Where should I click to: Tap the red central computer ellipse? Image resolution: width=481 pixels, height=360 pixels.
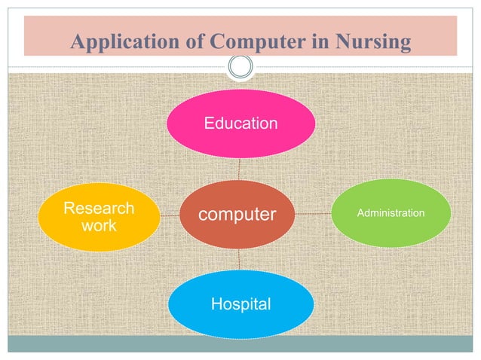(237, 215)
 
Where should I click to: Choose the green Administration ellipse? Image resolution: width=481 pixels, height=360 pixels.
(390, 214)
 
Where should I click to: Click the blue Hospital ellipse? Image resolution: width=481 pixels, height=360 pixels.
(240, 305)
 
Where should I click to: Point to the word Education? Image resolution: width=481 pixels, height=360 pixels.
(240, 123)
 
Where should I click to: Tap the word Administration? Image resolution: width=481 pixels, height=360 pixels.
(391, 214)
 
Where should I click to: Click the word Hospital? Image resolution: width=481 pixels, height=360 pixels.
(240, 305)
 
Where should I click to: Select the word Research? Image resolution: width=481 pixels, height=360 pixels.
(99, 208)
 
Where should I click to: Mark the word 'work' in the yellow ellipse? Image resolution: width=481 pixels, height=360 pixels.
(99, 225)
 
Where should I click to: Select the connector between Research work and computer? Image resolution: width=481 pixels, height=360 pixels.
(170, 215)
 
